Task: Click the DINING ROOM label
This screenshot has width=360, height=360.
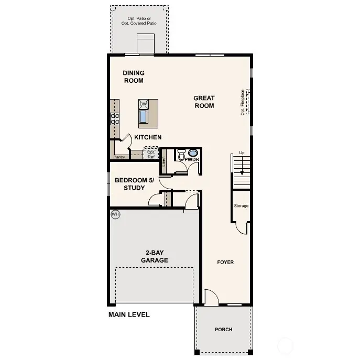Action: (x=134, y=77)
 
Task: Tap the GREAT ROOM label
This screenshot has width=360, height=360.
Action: (x=204, y=102)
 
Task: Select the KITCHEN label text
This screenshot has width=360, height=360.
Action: (x=148, y=137)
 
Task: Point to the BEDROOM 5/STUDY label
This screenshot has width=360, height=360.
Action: (x=134, y=184)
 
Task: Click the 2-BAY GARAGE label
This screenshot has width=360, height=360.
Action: (x=154, y=256)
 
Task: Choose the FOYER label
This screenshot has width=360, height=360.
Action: (x=225, y=262)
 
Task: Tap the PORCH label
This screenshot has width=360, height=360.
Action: (x=223, y=330)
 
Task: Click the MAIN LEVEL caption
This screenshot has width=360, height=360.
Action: (x=129, y=315)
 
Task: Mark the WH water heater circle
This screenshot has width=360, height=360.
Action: (x=115, y=214)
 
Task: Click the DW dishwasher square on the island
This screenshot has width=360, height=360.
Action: (x=143, y=104)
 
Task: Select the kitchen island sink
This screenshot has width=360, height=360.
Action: (x=143, y=116)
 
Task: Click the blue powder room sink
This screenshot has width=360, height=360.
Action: (x=192, y=153)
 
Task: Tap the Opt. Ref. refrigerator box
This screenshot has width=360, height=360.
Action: (x=151, y=154)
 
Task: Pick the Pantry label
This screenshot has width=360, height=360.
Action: (x=119, y=157)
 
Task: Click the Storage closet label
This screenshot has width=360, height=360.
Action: (x=241, y=206)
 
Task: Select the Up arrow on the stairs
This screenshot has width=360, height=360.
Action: (x=242, y=168)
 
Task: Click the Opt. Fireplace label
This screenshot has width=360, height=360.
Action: (x=243, y=102)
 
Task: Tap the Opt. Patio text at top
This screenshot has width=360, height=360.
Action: (x=139, y=21)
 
